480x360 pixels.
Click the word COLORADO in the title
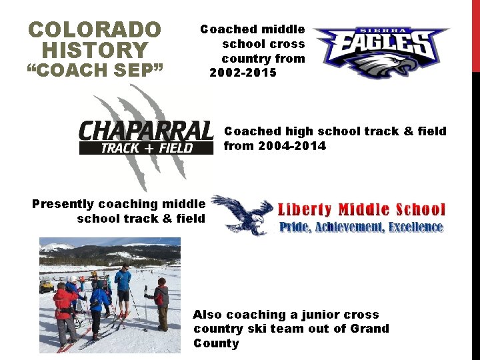(95, 30)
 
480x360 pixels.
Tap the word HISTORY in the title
(95, 50)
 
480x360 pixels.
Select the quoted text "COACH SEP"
(95, 70)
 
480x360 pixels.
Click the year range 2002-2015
(243, 73)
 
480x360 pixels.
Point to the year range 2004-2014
(275, 146)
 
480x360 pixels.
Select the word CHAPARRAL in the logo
(146, 131)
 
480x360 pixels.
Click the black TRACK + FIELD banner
(146, 147)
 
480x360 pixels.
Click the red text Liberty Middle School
(361, 210)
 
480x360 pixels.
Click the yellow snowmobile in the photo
(46, 287)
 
